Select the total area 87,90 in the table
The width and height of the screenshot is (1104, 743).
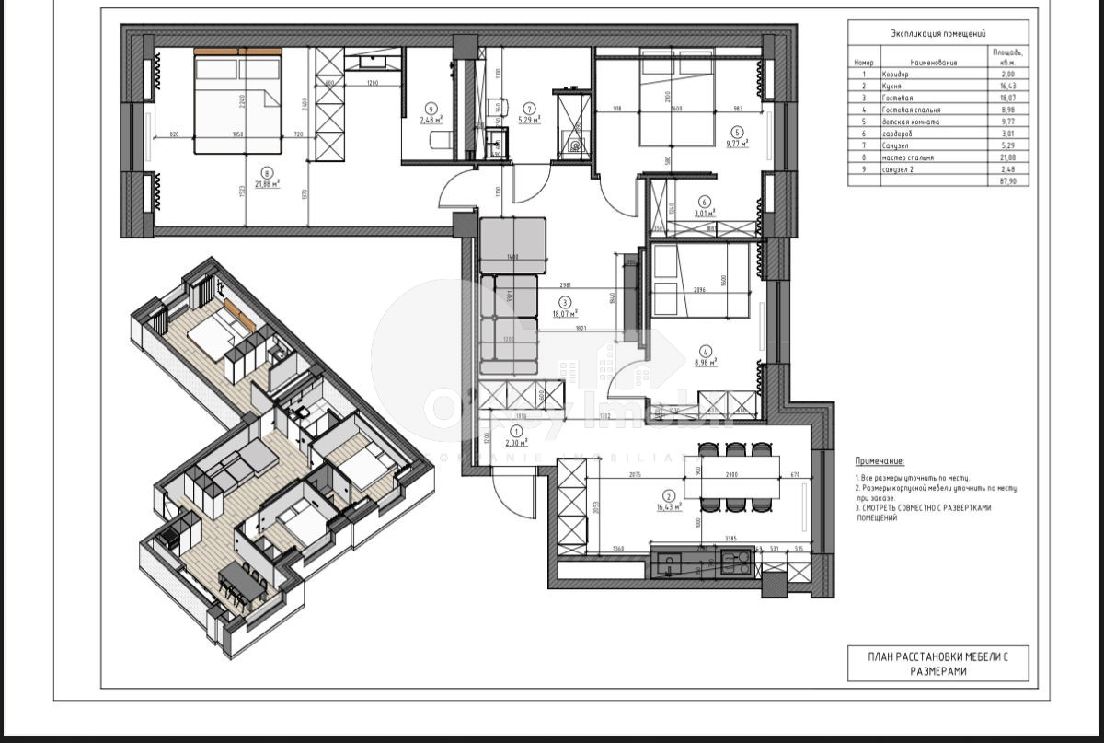coord(1007,181)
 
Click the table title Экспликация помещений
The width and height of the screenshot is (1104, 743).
coord(937,33)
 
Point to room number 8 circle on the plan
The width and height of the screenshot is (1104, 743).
coord(267,170)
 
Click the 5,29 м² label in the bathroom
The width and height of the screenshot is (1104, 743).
coord(529,119)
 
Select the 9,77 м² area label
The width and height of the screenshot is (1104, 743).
coord(736,143)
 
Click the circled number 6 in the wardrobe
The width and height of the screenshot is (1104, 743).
coord(705,203)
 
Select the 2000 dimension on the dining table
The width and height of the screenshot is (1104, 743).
coord(731,474)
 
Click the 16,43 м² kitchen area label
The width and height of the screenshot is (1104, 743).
coord(668,506)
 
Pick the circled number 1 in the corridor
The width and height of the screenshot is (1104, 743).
coord(516,431)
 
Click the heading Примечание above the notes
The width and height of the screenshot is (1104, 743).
coord(880,460)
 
